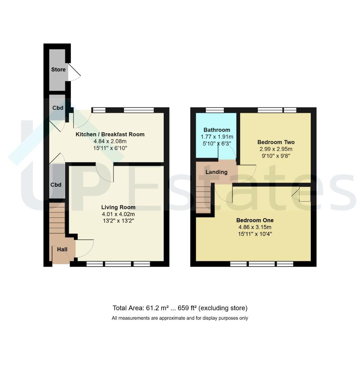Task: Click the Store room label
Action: coord(58,70)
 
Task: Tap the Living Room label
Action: coord(118,207)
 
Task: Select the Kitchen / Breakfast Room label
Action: coord(110,134)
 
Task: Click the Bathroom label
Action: coord(217,130)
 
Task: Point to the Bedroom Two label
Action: coord(276,142)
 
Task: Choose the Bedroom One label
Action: coord(255,220)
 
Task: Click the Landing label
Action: coord(216,172)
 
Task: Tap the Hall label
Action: coord(62,249)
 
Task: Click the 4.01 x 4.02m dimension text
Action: coord(118,214)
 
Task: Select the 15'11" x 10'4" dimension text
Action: coord(255,234)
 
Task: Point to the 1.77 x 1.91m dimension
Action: coord(217,137)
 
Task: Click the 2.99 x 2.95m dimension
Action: coord(276,149)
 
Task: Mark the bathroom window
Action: coord(215,110)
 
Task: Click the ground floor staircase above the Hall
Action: coord(57,218)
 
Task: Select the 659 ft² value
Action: coord(187,308)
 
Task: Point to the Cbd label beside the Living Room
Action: coord(56,185)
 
